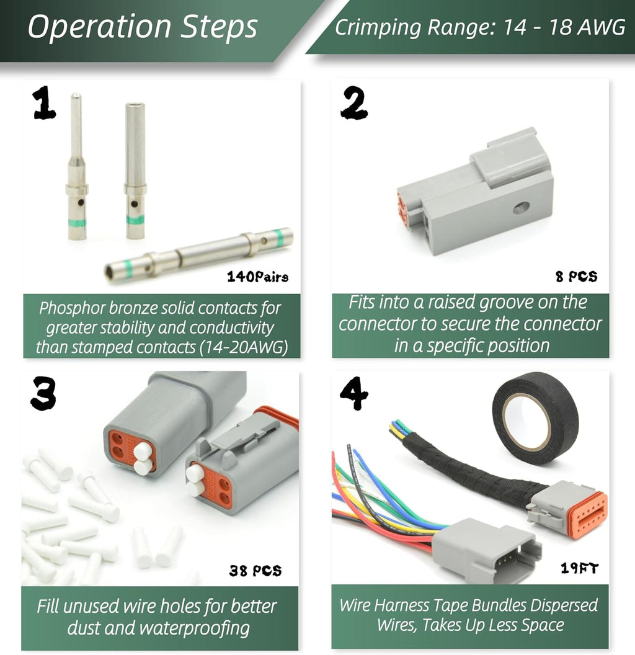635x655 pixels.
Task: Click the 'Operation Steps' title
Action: tap(143, 27)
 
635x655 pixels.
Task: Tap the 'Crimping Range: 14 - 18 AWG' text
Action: tap(480, 27)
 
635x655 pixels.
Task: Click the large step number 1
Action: tap(43, 103)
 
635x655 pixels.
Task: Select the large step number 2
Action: tap(354, 102)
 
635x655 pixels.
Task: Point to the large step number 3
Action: tap(43, 393)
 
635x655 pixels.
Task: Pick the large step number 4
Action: tap(354, 393)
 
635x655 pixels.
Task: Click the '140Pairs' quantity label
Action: tap(257, 277)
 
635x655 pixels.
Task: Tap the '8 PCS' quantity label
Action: tap(576, 277)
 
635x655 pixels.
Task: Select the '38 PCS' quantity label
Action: tap(255, 570)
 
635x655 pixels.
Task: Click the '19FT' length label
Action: tap(579, 568)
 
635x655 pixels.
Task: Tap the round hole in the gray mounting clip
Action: tap(522, 207)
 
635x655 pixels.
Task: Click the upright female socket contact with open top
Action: tap(135, 171)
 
